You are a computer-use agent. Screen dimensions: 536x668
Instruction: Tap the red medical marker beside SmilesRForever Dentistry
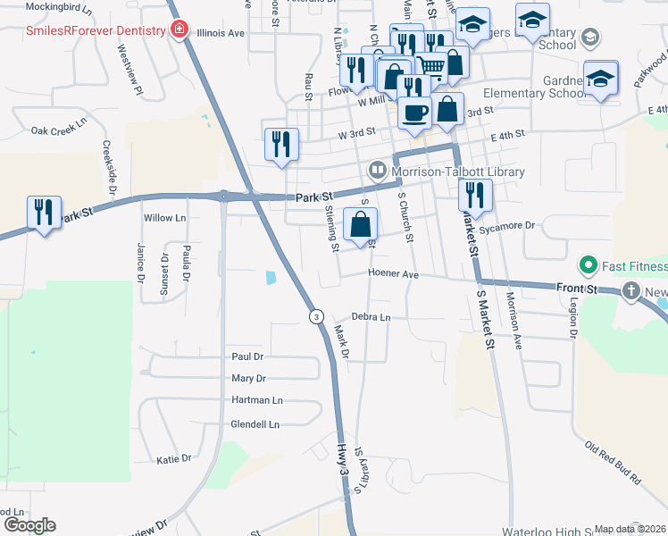(x=180, y=30)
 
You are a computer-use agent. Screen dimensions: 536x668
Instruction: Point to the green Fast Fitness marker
(x=588, y=266)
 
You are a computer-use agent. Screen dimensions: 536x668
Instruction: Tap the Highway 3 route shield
(x=316, y=316)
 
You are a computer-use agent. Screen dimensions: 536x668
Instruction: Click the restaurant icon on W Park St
(x=44, y=213)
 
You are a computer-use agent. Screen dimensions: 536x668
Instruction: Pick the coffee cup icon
(x=414, y=113)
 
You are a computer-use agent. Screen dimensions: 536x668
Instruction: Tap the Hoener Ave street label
(x=392, y=274)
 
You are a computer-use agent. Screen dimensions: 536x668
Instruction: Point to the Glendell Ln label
(x=255, y=424)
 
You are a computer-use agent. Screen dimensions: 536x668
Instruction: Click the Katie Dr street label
(x=174, y=459)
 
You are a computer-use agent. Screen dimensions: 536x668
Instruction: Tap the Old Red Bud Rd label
(x=614, y=462)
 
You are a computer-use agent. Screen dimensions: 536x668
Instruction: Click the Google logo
(x=29, y=525)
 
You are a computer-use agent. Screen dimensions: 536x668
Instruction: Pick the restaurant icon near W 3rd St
(x=281, y=145)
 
